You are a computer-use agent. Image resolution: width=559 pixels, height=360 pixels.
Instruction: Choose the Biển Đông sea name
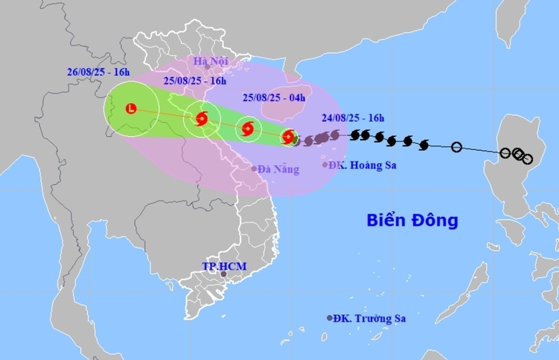click(412, 221)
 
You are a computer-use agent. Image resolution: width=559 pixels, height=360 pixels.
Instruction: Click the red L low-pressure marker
click(132, 108)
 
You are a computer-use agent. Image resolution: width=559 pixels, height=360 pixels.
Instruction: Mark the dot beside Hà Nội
click(207, 67)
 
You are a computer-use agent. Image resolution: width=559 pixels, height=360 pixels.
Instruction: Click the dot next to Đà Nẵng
click(254, 168)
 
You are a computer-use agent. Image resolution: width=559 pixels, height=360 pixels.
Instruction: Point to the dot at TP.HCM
click(223, 274)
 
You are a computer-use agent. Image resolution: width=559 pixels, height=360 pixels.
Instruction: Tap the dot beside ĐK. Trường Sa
click(330, 318)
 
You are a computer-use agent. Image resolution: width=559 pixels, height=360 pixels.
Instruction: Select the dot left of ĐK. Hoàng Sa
click(324, 164)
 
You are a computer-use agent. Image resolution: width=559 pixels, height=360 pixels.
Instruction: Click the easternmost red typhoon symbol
click(288, 136)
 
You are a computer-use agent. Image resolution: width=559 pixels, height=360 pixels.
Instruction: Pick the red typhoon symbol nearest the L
click(201, 119)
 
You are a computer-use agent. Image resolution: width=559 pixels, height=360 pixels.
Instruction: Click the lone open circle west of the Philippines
click(457, 147)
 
